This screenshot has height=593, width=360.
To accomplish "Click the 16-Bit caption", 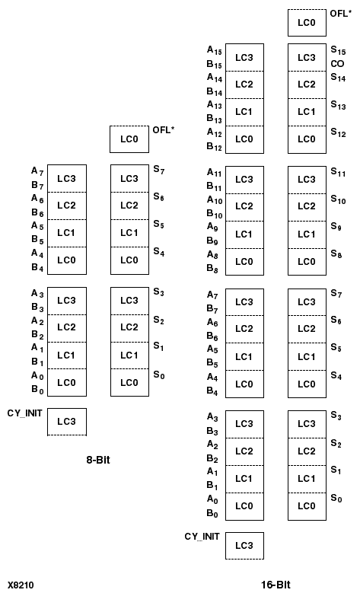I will [x=276, y=585].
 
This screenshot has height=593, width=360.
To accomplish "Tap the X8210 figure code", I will [x=21, y=585].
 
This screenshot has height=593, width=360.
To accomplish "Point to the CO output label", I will [x=337, y=63].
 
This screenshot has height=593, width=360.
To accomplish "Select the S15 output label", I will [x=338, y=49].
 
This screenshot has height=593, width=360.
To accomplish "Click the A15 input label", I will [x=215, y=50].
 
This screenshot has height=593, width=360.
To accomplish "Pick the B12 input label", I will [x=215, y=146].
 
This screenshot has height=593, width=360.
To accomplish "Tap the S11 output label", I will [x=338, y=173].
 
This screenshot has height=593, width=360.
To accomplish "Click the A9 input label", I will [x=213, y=227].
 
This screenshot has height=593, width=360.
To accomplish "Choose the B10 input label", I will [x=215, y=214].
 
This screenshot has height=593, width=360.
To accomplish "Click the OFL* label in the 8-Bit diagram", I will [x=164, y=130].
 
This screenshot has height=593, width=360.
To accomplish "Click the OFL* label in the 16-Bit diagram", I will [x=340, y=13].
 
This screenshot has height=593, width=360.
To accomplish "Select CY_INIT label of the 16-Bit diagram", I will [x=202, y=537].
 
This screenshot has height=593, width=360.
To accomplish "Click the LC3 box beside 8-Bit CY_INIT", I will [x=67, y=421].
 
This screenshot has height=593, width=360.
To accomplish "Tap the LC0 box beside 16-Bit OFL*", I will [x=307, y=23].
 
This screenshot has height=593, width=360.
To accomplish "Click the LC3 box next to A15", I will [x=244, y=57].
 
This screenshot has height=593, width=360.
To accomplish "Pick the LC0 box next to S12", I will [x=307, y=139].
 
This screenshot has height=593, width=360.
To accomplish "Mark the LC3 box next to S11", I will [x=307, y=180].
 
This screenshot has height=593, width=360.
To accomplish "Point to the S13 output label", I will [x=338, y=105].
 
